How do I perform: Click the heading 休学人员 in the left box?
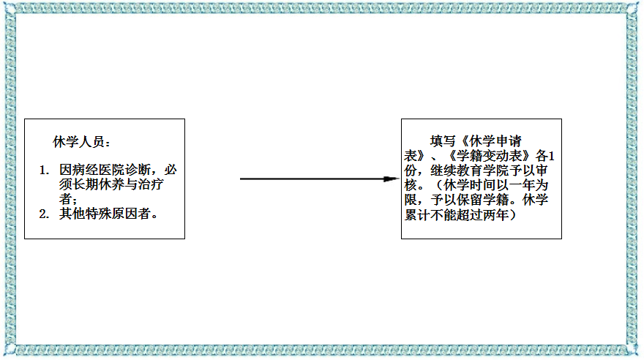[80, 141]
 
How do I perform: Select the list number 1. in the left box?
[44, 170]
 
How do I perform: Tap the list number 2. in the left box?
[44, 214]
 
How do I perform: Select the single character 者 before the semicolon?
[66, 199]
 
